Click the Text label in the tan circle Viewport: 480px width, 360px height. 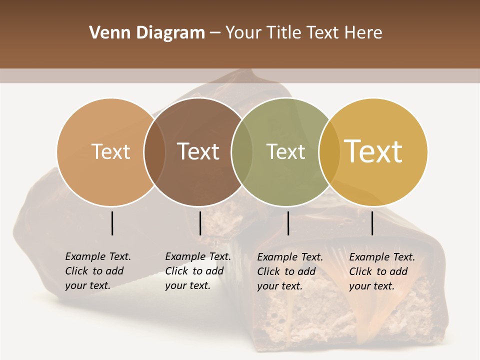click(x=110, y=151)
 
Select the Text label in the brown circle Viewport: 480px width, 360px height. click(x=198, y=151)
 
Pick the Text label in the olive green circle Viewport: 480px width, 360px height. click(x=285, y=151)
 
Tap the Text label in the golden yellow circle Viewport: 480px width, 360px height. click(x=373, y=151)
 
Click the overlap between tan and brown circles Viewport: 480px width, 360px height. click(x=154, y=152)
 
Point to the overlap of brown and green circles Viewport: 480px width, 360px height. click(x=242, y=152)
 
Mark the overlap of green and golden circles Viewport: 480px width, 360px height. click(x=329, y=152)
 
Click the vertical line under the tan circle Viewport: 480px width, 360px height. click(x=112, y=223)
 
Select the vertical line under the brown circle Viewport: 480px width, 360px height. click(x=200, y=223)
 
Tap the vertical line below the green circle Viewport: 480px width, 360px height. click(x=288, y=223)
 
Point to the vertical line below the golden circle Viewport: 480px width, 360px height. click(x=372, y=223)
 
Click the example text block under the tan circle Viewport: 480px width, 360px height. click(x=97, y=271)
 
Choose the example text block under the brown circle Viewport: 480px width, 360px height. click(x=197, y=271)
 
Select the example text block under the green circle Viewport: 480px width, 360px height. click(x=289, y=271)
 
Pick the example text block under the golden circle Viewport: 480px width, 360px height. click(x=381, y=271)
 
